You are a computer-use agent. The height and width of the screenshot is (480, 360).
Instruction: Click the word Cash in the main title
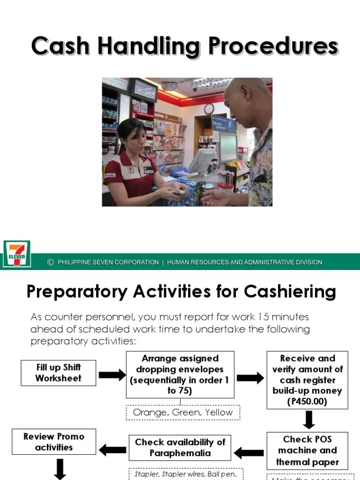click(x=59, y=47)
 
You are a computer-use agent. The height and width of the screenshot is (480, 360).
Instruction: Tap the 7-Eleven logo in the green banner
click(x=17, y=254)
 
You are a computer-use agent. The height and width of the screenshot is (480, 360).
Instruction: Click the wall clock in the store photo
click(x=209, y=109)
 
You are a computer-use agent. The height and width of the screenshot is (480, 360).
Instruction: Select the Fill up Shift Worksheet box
click(x=59, y=373)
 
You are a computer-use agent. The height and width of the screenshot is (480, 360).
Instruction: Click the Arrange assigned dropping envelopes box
click(x=180, y=375)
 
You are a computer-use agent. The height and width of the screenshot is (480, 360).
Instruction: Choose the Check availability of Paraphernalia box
click(x=180, y=448)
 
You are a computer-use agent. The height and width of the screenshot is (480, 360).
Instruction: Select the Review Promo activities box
click(x=54, y=442)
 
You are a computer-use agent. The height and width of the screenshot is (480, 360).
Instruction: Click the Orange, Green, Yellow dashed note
click(x=183, y=412)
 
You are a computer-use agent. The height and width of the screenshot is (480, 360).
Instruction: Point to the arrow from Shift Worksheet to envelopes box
click(x=112, y=375)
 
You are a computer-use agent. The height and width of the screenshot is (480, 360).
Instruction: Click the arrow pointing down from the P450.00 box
click(x=308, y=420)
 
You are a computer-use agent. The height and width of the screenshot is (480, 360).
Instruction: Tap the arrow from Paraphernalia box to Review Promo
click(x=112, y=450)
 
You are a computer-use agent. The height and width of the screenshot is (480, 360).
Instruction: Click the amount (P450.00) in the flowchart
click(x=307, y=402)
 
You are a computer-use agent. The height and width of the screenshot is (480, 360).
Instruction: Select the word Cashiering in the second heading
click(x=290, y=292)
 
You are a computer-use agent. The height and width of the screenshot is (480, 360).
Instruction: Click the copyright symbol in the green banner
click(x=51, y=262)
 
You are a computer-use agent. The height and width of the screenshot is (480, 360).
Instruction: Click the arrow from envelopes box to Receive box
click(x=250, y=378)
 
